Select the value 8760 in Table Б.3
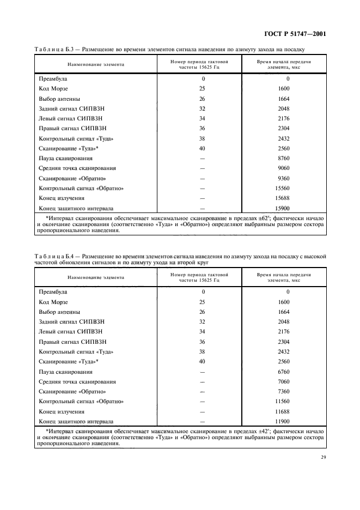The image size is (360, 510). click(283, 159)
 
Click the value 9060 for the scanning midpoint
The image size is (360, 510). click(283, 168)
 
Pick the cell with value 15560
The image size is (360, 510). click(283, 188)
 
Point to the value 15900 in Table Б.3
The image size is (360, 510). click(283, 208)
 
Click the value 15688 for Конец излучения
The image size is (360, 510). click(283, 198)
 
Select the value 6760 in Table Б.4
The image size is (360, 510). click(283, 372)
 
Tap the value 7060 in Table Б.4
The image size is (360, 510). click(283, 381)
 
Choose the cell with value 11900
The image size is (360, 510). click(283, 421)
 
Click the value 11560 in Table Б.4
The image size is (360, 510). click(283, 402)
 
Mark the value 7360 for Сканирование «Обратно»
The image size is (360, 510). click(283, 391)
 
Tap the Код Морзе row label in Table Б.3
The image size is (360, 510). click(53, 89)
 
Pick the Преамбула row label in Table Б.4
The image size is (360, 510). click(53, 292)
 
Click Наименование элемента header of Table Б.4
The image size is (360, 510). click(96, 277)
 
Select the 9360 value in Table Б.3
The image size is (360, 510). click(283, 178)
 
